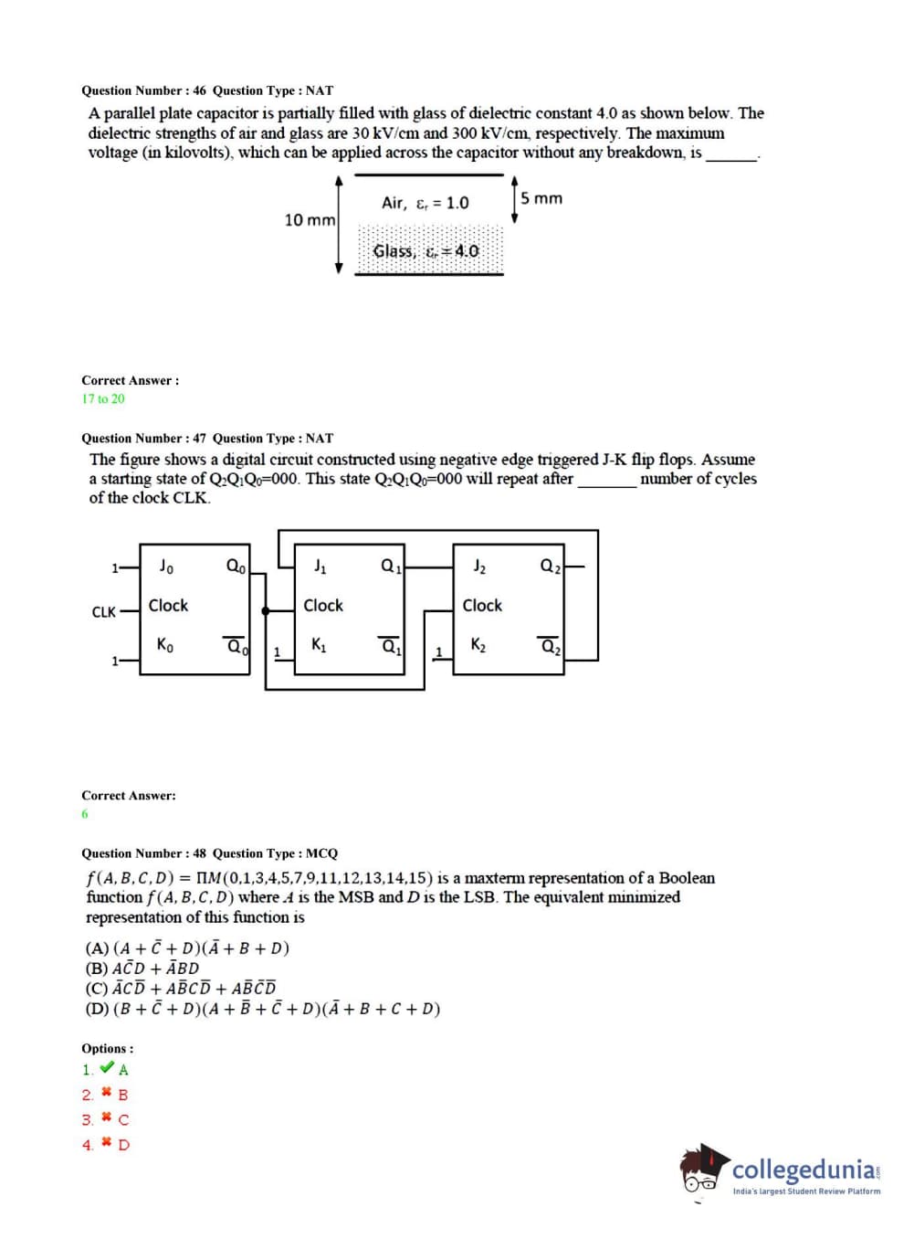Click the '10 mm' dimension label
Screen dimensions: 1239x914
click(310, 220)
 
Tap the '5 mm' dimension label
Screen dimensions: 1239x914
click(541, 198)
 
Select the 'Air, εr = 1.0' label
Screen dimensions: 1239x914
click(425, 203)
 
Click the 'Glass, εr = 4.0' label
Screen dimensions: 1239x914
click(425, 250)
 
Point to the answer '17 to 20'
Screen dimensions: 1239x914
click(103, 398)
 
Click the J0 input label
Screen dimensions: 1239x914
click(166, 567)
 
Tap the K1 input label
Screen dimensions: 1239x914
click(319, 645)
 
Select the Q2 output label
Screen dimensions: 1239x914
click(551, 567)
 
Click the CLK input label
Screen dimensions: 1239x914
click(104, 611)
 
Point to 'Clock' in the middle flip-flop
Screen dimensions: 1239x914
click(323, 605)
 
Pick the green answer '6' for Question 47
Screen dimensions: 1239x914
click(85, 814)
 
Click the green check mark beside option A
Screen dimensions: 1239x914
click(107, 1068)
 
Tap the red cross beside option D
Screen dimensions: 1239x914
click(107, 1143)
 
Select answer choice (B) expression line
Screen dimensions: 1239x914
click(142, 969)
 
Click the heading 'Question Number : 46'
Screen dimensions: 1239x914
click(144, 90)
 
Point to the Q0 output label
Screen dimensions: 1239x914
click(236, 567)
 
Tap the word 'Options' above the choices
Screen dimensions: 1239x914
click(107, 1048)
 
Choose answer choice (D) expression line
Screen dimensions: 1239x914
click(263, 1009)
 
